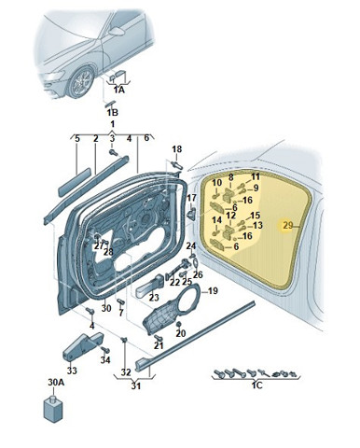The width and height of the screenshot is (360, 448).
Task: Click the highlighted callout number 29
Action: (x=288, y=225)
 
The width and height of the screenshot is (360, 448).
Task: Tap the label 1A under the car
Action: (x=118, y=91)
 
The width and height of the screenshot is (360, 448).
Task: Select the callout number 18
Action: (x=177, y=149)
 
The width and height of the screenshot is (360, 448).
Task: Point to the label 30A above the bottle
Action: (x=56, y=383)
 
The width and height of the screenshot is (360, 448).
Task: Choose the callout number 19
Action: (x=213, y=291)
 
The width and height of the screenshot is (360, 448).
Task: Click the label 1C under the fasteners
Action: (x=257, y=385)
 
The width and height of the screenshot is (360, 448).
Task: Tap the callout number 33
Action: (x=72, y=371)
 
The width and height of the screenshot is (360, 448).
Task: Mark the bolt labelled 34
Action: (x=105, y=350)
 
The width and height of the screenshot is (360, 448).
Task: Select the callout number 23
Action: (x=154, y=298)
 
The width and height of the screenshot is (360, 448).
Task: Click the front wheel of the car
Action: (x=80, y=82)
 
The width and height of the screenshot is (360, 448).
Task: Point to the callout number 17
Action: (x=192, y=198)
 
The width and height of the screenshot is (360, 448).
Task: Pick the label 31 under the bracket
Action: (x=135, y=386)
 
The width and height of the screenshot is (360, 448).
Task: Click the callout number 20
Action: (x=181, y=333)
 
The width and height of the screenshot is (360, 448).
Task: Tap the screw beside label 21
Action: (x=158, y=337)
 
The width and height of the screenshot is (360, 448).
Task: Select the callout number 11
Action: (x=256, y=177)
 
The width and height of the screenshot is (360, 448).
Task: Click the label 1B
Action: (x=113, y=113)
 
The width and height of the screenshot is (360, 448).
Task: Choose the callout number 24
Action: (x=191, y=246)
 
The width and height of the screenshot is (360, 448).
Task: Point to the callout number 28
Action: (x=108, y=252)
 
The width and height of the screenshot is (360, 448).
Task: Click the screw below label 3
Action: (x=112, y=152)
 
